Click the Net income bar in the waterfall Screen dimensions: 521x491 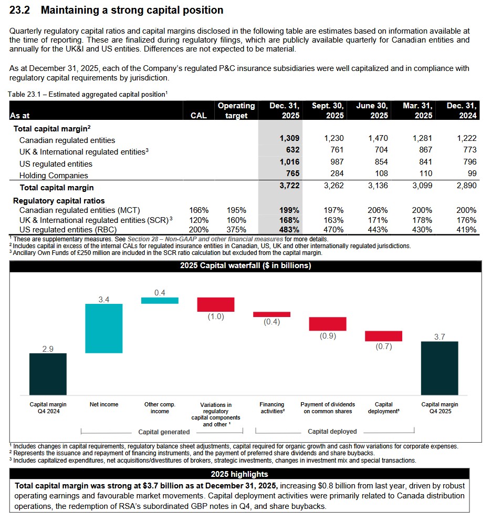104,328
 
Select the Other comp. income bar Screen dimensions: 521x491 160,300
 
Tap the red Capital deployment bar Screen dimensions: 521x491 383,336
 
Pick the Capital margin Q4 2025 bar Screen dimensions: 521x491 439,368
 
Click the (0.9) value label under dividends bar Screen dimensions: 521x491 328,336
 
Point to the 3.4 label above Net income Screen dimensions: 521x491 104,299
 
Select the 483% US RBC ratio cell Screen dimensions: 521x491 289,230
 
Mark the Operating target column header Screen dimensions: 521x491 236,110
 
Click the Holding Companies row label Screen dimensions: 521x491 54,176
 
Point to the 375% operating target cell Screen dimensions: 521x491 236,230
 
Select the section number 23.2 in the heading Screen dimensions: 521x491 22,10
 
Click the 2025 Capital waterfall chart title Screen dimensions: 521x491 245,266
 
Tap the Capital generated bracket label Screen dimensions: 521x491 164,432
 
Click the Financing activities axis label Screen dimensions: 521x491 272,408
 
